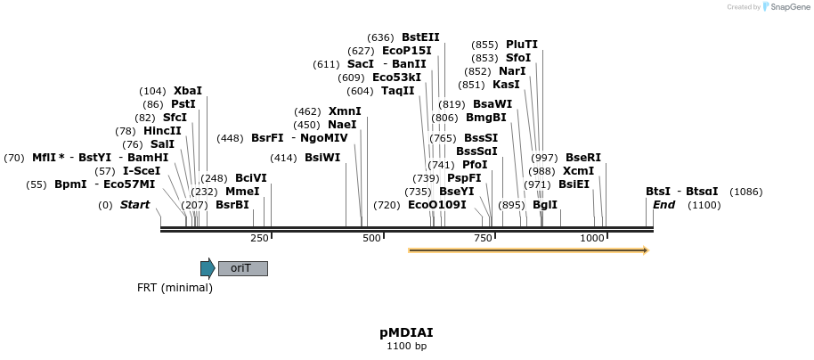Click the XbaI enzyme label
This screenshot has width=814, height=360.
(x=188, y=91)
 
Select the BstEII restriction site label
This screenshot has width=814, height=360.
(x=420, y=37)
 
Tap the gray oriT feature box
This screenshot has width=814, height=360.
(x=242, y=268)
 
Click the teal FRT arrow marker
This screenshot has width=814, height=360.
(x=208, y=268)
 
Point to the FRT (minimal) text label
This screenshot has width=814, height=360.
(x=175, y=288)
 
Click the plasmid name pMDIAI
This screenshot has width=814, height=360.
(x=406, y=332)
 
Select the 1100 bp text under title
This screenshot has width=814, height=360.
(x=406, y=346)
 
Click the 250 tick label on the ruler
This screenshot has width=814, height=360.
(x=259, y=238)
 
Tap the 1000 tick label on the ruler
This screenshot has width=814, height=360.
(x=592, y=238)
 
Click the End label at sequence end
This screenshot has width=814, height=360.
(x=663, y=205)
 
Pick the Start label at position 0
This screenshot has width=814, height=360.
(x=135, y=205)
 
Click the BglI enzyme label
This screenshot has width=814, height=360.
(x=544, y=205)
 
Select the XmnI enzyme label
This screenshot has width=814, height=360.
(x=345, y=111)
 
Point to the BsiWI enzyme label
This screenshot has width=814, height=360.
(x=322, y=158)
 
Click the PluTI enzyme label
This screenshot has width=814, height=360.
(x=522, y=45)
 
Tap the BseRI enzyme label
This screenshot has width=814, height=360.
(x=583, y=158)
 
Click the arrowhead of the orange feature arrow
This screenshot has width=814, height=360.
(x=644, y=250)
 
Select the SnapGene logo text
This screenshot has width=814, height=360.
(x=788, y=6)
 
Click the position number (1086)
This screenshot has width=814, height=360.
(x=745, y=192)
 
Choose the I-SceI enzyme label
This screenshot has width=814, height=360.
(x=142, y=171)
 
